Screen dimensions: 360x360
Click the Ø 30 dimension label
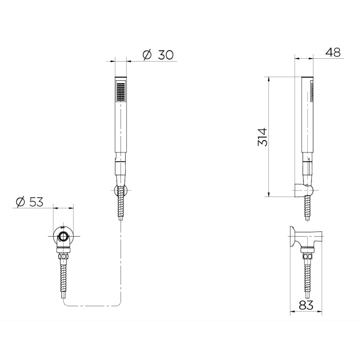point(158,55)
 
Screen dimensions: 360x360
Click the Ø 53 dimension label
point(30,202)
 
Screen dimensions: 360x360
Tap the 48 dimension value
point(333,53)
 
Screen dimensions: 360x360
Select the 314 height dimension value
point(263,137)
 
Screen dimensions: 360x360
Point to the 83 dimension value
point(306,305)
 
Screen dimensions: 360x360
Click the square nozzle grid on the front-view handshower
point(121,91)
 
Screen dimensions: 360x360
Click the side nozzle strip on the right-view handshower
point(312,91)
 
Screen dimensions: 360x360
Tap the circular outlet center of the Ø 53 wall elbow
point(63,236)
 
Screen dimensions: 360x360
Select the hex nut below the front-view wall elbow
point(63,256)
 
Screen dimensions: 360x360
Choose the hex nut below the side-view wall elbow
point(307,256)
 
